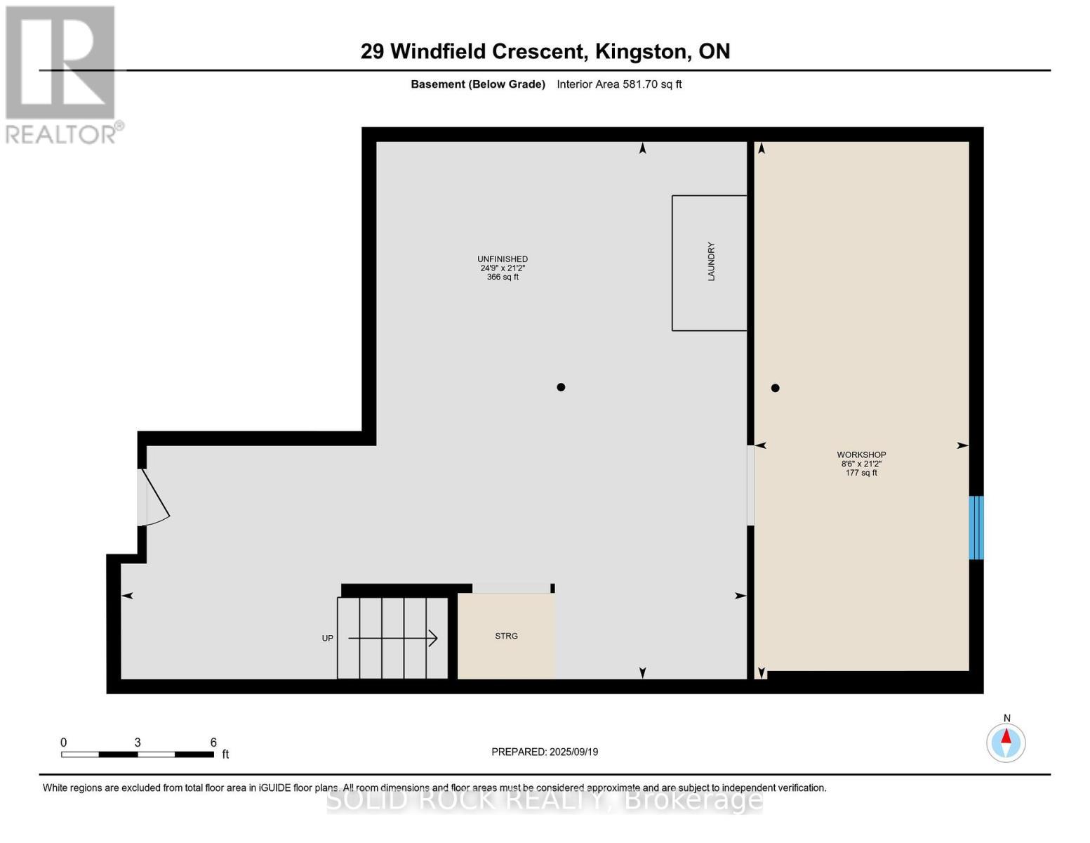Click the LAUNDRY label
[711, 262]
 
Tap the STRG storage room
[506, 636]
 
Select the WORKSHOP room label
[861, 455]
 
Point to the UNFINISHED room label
[503, 259]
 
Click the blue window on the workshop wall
[976, 528]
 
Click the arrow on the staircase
[393, 638]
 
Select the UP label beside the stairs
[328, 639]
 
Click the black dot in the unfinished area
[561, 387]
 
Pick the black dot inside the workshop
[775, 388]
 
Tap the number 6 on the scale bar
[213, 743]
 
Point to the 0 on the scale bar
[64, 743]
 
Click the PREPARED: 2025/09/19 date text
[545, 752]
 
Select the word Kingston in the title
[641, 51]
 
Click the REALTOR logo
[62, 74]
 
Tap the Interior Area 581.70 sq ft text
[619, 84]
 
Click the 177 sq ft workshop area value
[861, 473]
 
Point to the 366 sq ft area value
[503, 277]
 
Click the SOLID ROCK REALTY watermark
[545, 800]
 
